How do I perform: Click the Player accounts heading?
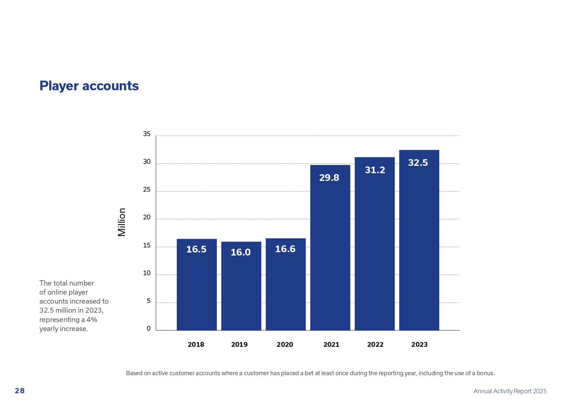(89, 86)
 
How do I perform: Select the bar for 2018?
(196, 284)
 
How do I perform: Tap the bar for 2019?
(241, 286)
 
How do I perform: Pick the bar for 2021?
(330, 247)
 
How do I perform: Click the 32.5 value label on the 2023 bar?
(418, 163)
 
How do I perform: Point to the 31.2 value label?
(375, 170)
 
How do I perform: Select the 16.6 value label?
(285, 249)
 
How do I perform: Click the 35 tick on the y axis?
(147, 134)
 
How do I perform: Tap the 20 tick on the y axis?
(147, 217)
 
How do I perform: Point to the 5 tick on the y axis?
(148, 301)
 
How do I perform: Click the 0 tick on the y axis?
(148, 329)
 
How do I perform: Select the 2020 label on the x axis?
(285, 345)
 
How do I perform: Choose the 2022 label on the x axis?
(375, 345)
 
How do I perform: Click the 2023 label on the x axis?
(419, 345)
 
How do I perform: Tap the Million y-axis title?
(122, 222)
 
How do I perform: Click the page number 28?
(20, 391)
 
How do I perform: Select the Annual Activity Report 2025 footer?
(510, 391)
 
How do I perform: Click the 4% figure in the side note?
(92, 320)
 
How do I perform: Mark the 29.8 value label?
(329, 178)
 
